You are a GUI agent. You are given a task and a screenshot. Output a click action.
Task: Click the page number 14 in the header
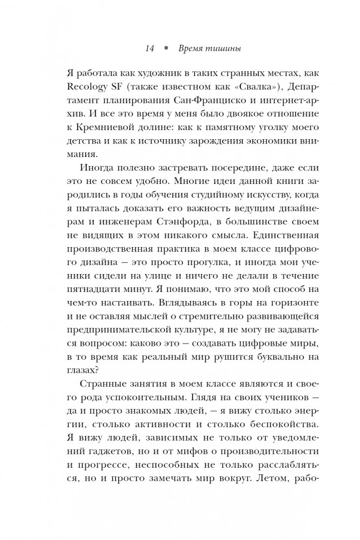[150, 49]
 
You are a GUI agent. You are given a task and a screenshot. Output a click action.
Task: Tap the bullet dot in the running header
[166, 49]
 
